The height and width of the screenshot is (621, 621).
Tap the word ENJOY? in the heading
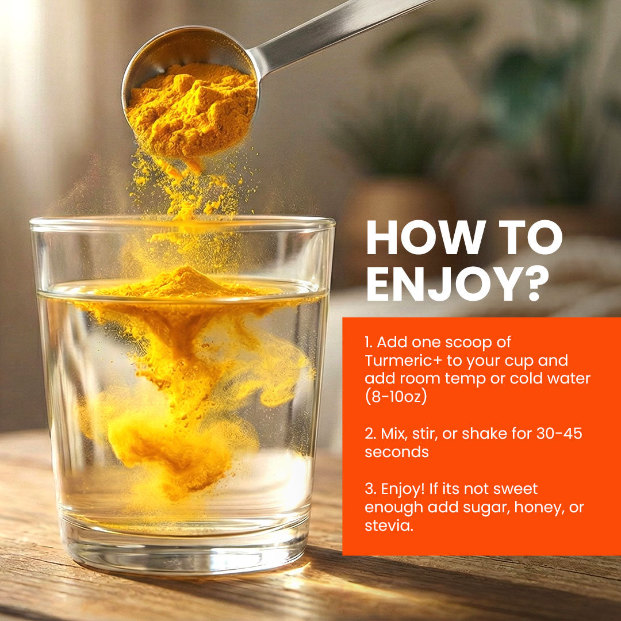tap(458, 283)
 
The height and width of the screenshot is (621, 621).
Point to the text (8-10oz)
tap(396, 396)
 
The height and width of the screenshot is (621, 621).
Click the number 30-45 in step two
tap(559, 434)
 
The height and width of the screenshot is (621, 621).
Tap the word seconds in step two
tap(396, 452)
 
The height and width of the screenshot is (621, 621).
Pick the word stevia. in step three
tap(389, 526)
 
